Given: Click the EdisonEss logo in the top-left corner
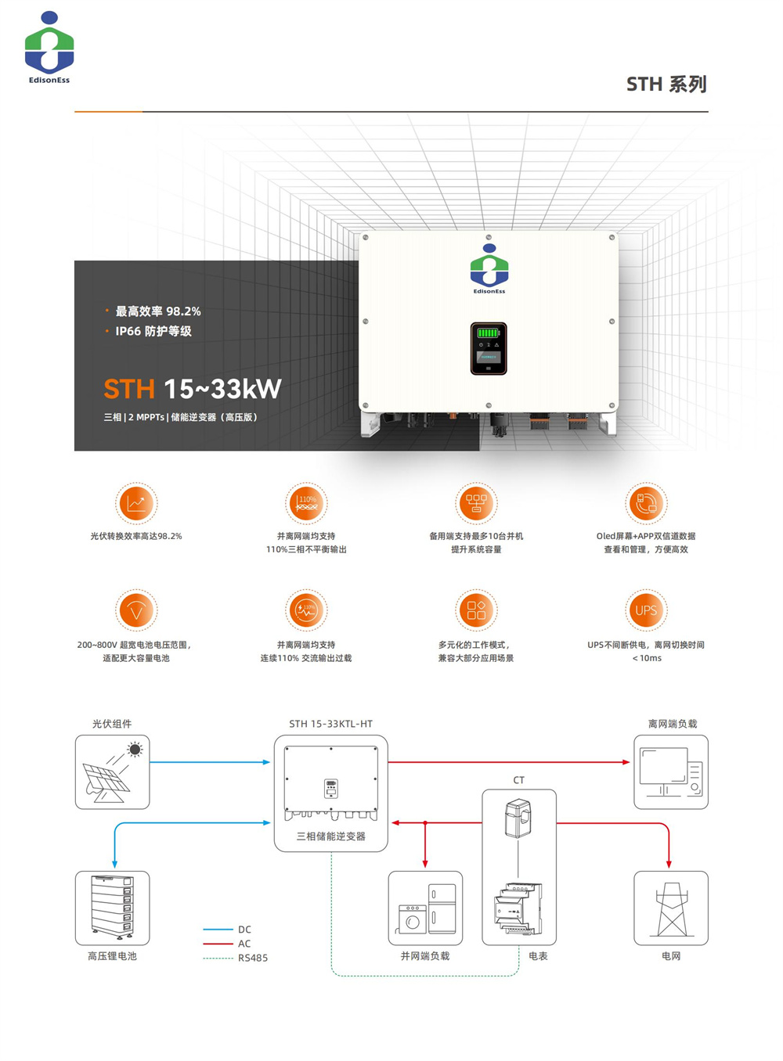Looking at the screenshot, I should pyautogui.click(x=49, y=47).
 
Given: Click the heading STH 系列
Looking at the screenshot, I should pyautogui.click(x=666, y=85).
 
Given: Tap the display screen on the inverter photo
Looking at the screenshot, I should pyautogui.click(x=489, y=348).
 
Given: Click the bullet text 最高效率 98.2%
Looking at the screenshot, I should pyautogui.click(x=158, y=311).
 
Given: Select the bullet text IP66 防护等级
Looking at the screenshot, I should pyautogui.click(x=153, y=331).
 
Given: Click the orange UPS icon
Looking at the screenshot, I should pyautogui.click(x=646, y=610).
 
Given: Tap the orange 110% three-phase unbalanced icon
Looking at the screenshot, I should pyautogui.click(x=306, y=502).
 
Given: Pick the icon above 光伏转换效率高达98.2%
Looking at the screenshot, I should pyautogui.click(x=136, y=502).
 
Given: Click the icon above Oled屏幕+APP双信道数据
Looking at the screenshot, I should pyautogui.click(x=646, y=502).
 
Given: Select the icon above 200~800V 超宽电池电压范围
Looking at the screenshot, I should pyautogui.click(x=136, y=610).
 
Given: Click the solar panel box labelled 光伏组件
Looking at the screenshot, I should pyautogui.click(x=112, y=771).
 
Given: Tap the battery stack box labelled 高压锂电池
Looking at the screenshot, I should pyautogui.click(x=112, y=908).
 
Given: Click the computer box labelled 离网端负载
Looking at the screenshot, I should pyautogui.click(x=671, y=771).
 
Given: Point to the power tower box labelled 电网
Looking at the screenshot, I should pyautogui.click(x=671, y=908).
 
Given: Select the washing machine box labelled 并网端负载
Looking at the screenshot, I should pyautogui.click(x=425, y=908).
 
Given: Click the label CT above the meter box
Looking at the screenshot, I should pyautogui.click(x=518, y=780).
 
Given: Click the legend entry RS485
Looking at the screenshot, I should pyautogui.click(x=253, y=958).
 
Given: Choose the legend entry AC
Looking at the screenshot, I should pyautogui.click(x=244, y=944).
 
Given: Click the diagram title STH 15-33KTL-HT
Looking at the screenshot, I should pyautogui.click(x=330, y=724).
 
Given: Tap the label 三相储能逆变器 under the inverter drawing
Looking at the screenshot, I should pyautogui.click(x=330, y=836).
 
